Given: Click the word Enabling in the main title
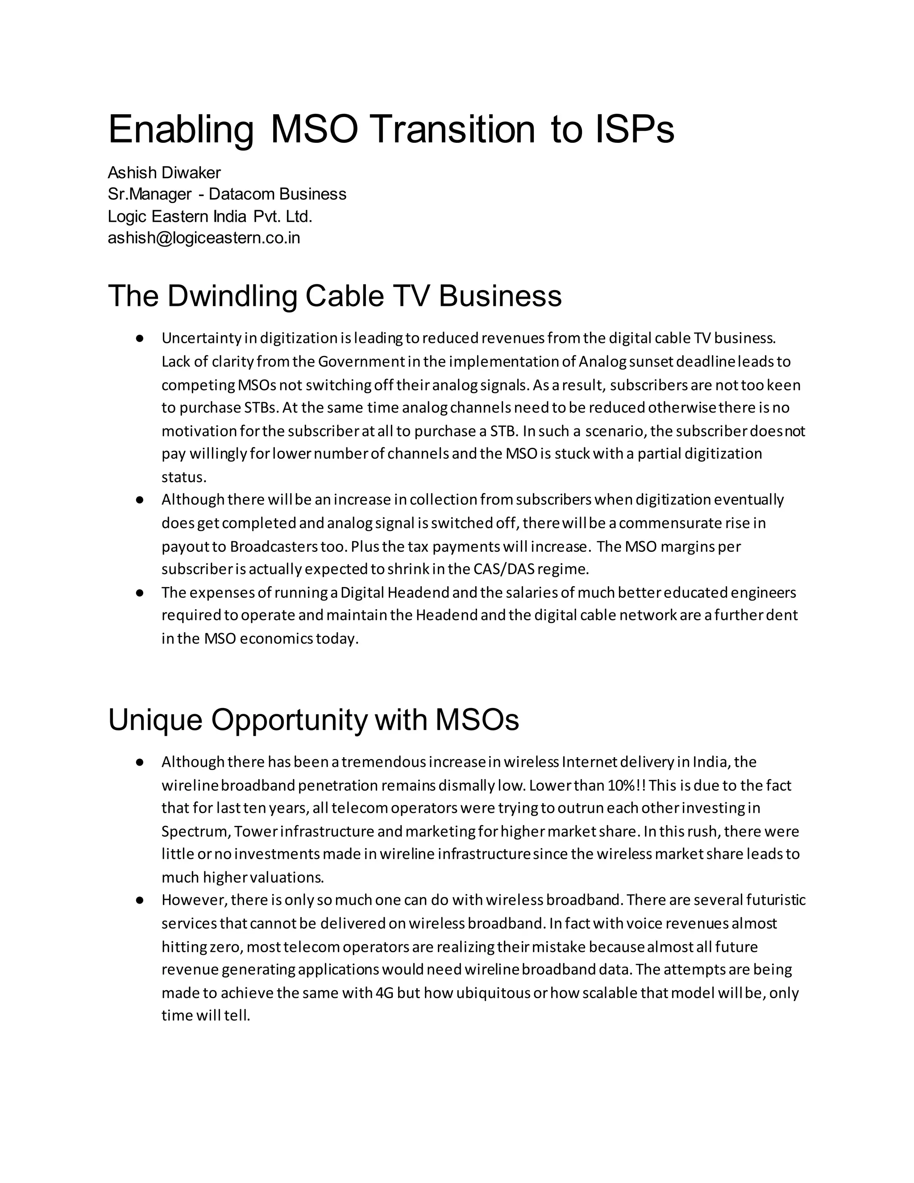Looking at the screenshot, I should pos(180,130).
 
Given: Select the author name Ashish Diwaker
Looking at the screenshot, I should pos(164,173).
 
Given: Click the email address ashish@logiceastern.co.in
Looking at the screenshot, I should pos(204,238).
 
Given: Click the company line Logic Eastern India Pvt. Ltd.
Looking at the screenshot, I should pos(210,216).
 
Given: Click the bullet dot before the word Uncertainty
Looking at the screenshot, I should pos(140,338).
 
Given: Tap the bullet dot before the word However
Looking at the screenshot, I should pos(140,900).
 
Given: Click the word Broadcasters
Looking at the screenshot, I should pos(274,546).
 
